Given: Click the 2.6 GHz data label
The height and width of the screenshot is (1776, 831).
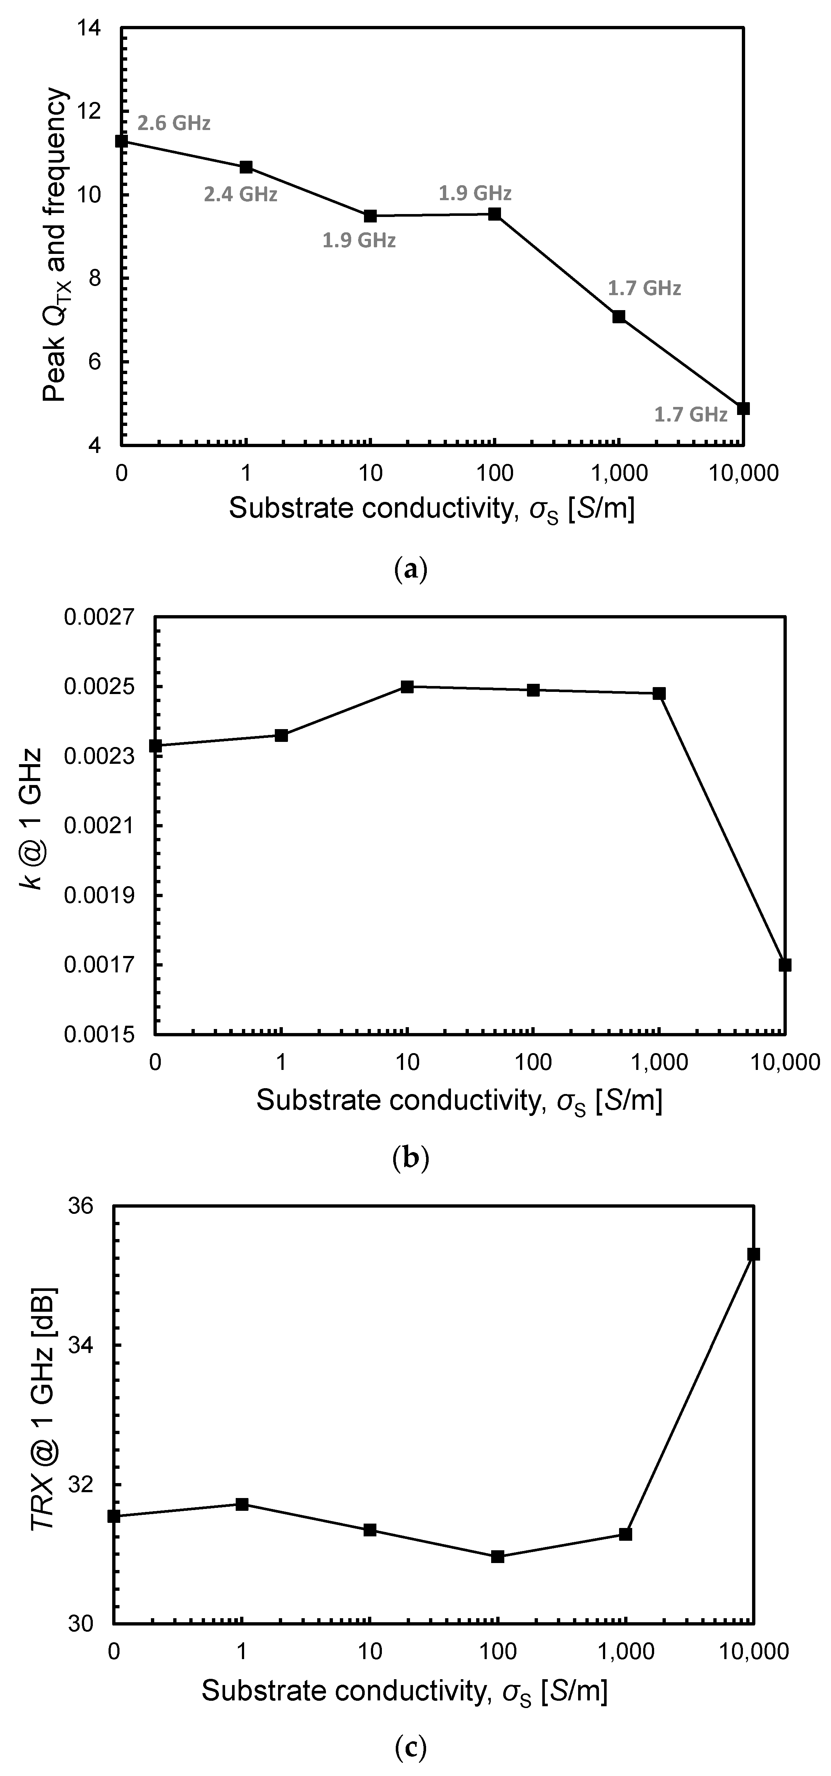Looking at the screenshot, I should (x=174, y=123).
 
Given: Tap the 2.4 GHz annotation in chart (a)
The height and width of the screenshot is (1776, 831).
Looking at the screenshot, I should (x=240, y=194).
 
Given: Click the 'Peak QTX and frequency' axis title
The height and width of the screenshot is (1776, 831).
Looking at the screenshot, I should (x=55, y=245).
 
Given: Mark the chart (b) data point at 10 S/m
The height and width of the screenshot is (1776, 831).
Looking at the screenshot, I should (x=407, y=687).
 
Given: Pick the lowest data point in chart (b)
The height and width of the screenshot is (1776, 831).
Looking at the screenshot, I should (x=785, y=965).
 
